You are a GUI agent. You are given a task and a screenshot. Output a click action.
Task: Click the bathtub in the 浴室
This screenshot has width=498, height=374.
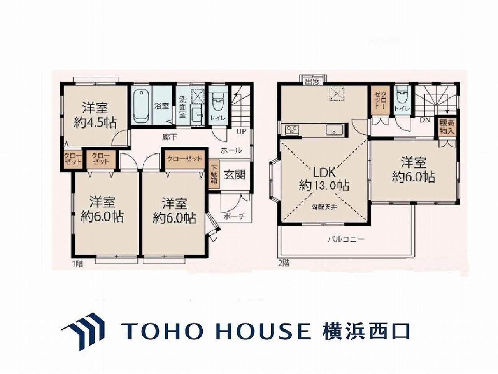click(x=140, y=105)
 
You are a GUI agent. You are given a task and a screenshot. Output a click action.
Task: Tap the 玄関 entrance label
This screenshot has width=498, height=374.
click(x=234, y=175)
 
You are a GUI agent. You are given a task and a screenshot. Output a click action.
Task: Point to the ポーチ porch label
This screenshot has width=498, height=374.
click(x=234, y=217)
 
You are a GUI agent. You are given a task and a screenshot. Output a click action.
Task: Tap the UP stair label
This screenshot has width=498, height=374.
click(x=241, y=131)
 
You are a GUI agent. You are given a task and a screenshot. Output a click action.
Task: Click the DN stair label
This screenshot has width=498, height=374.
click(x=425, y=120)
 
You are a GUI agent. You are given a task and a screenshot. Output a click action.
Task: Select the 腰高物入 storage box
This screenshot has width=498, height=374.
click(x=447, y=127)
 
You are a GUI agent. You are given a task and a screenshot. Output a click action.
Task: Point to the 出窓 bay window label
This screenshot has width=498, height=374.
click(x=312, y=82)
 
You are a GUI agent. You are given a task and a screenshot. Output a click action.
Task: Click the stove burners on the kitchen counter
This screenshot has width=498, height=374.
click(x=291, y=130)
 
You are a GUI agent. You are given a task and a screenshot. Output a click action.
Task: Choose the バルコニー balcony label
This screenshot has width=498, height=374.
click(x=345, y=239)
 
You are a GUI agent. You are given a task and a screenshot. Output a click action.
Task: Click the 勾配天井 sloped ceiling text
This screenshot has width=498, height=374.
click(x=324, y=206)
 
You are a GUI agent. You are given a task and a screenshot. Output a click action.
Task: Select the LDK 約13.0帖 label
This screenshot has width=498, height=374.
click(x=324, y=179)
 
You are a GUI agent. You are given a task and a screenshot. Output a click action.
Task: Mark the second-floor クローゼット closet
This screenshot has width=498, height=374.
click(x=380, y=100)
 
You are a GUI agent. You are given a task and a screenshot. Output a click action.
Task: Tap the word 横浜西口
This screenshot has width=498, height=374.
click(x=366, y=331)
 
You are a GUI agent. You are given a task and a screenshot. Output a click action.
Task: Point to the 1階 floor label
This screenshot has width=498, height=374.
click(x=77, y=264)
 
